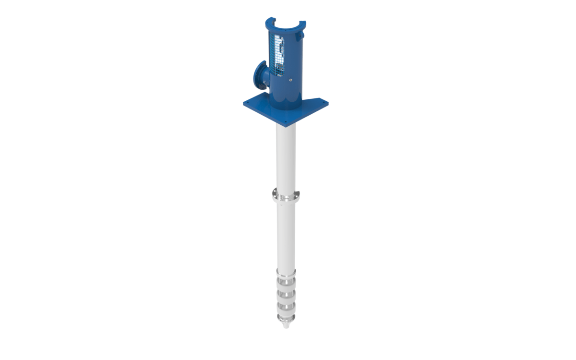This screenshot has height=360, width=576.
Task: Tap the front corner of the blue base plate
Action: click(x=287, y=124)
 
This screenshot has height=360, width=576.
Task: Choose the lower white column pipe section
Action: click(x=286, y=235)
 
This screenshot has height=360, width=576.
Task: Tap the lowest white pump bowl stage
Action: click(x=286, y=308)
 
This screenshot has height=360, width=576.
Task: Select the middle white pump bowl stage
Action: click(x=286, y=294)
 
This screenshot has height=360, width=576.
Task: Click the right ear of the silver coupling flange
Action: click(x=298, y=193)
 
